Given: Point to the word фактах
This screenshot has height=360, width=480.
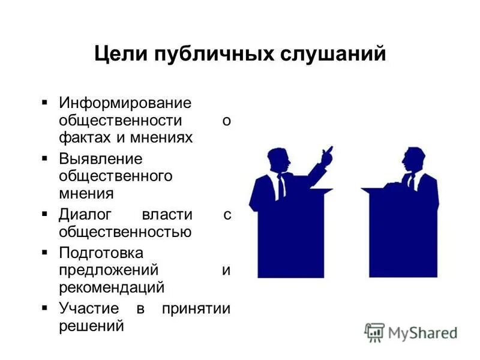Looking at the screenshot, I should [84, 137].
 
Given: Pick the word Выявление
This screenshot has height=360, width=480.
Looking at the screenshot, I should [100, 159].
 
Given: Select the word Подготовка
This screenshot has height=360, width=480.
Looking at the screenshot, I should [101, 253].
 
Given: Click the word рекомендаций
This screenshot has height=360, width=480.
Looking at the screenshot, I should [111, 287].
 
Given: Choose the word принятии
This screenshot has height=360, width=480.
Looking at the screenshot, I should [196, 309].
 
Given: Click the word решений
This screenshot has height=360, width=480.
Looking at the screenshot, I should [91, 326].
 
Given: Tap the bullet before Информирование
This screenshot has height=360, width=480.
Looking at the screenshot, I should [44, 103].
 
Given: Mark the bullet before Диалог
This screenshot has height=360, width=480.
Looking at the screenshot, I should [44, 214].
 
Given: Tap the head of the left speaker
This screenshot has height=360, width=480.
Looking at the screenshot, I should [279, 160].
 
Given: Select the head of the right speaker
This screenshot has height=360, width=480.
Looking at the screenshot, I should [413, 159].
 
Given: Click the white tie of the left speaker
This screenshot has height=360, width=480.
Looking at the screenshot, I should [281, 187].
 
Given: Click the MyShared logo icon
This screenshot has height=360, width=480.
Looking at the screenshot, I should [374, 332].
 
